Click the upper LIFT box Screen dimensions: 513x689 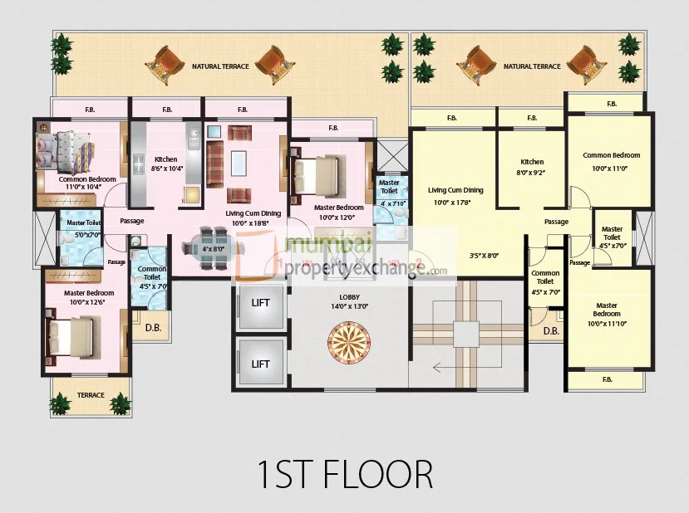[x=260, y=303]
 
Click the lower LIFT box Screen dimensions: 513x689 [x=260, y=363]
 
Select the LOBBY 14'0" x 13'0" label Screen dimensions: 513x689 [x=348, y=300]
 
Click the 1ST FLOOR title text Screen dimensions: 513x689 [x=344, y=475]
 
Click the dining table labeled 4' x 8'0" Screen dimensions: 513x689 [x=207, y=247]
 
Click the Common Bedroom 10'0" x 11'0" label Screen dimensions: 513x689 [x=611, y=160]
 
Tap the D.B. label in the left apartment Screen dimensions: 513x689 [x=153, y=327]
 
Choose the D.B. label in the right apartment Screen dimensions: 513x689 [x=550, y=331]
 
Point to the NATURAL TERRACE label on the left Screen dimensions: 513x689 [x=220, y=66]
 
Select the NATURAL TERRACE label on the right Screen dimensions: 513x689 [x=532, y=66]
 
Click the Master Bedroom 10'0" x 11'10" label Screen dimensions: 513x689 [x=607, y=315]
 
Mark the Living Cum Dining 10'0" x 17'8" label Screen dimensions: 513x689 [x=455, y=196]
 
